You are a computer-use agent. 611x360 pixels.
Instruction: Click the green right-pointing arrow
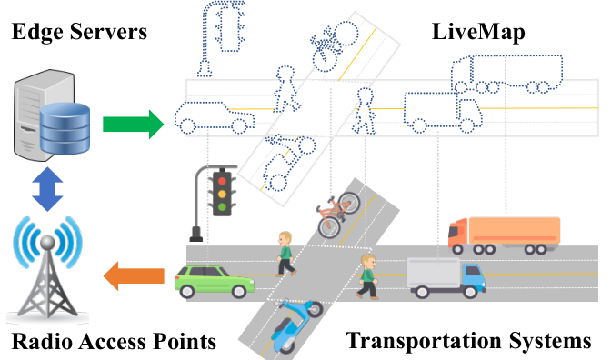134,124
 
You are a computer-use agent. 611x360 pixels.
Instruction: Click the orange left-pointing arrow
134,275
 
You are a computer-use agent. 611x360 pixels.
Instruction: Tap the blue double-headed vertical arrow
47,189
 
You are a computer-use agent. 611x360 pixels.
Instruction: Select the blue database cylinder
65,128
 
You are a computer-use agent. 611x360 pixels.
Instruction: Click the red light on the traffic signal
222,181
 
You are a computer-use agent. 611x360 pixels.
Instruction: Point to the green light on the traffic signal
222,207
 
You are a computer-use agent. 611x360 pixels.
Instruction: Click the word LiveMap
478,33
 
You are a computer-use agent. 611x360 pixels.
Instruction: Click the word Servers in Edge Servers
108,32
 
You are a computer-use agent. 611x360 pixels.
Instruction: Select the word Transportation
425,340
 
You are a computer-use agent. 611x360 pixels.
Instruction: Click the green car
215,281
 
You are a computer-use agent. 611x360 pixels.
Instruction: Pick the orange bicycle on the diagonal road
338,215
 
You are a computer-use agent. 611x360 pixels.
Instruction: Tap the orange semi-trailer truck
505,235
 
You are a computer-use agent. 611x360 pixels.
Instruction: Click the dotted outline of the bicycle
335,46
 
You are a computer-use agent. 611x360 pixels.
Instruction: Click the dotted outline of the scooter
289,162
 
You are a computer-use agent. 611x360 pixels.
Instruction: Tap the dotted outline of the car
214,117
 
